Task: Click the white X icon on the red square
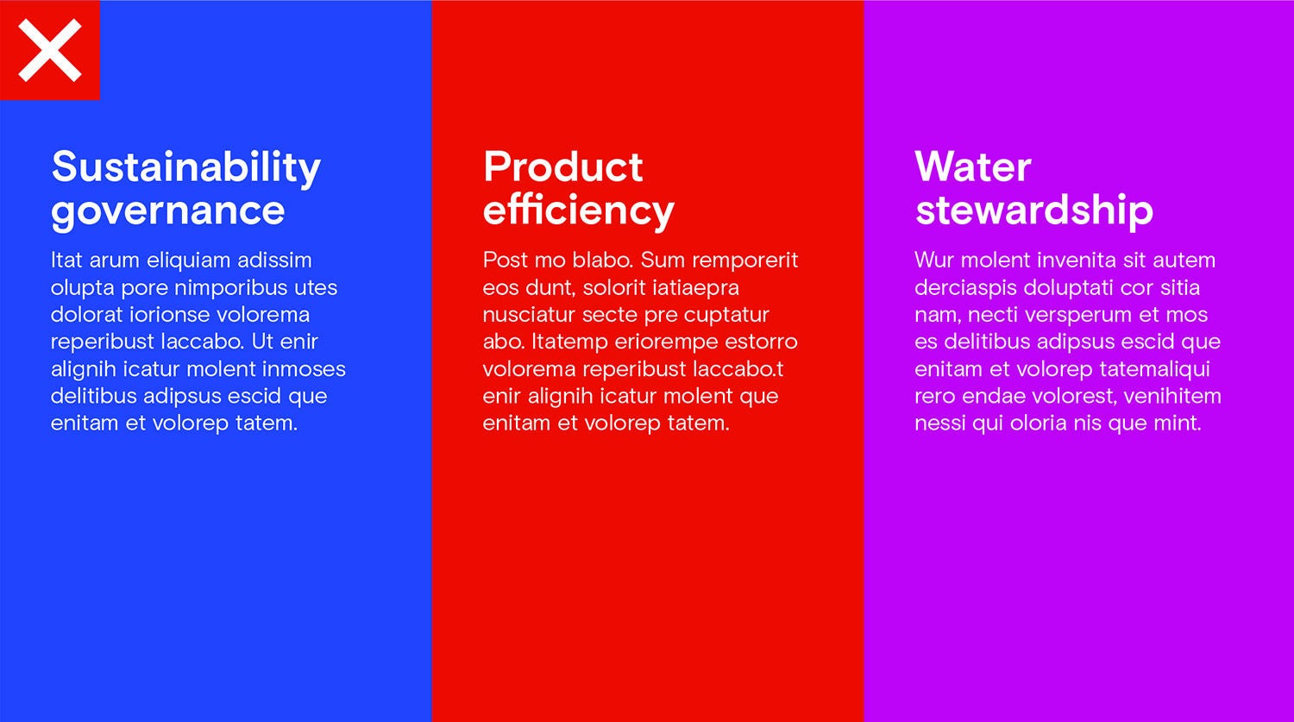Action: pos(50,50)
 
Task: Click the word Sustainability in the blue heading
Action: pos(186,167)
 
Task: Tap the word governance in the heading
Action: pos(168,211)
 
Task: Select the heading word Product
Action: pos(563,167)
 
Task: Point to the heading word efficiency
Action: pos(579,210)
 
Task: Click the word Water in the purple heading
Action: pos(973,167)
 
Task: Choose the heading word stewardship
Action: pos(1034,210)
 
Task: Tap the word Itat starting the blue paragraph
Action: pos(66,260)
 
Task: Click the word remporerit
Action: pos(745,261)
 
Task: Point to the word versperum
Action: pos(1077,316)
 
